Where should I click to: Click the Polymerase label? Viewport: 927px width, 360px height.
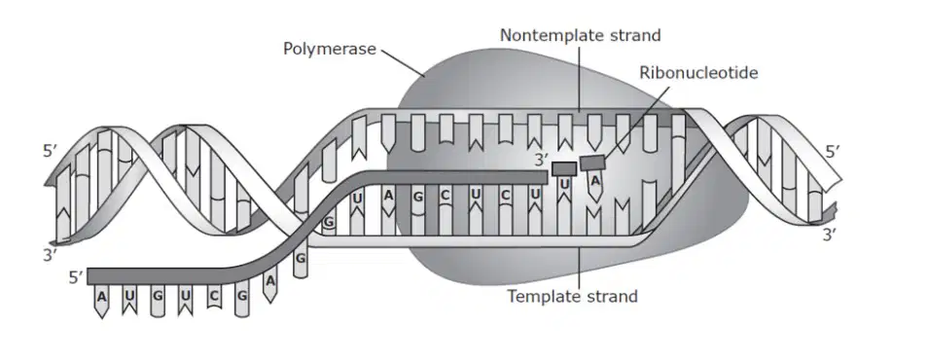click(x=329, y=49)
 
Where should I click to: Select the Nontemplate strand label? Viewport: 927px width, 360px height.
click(x=580, y=36)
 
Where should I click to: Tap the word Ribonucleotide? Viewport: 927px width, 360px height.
click(x=698, y=73)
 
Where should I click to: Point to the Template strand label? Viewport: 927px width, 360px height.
click(x=572, y=296)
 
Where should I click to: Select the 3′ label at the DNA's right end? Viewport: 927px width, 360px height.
click(x=830, y=234)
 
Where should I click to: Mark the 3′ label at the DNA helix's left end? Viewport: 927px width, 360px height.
click(x=51, y=255)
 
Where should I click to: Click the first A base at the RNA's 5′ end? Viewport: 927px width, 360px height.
click(x=101, y=296)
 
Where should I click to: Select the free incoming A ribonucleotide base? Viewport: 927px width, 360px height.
click(x=595, y=180)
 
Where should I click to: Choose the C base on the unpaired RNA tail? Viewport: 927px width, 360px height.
click(x=214, y=296)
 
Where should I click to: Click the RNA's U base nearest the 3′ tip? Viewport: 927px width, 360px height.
click(x=564, y=185)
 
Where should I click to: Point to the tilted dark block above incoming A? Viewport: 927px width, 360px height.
click(x=591, y=161)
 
